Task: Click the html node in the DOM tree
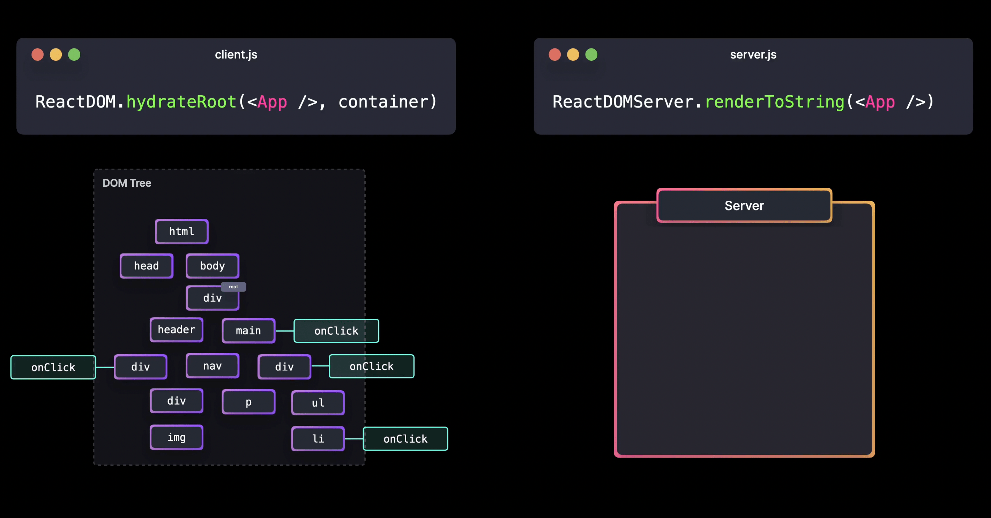click(x=181, y=231)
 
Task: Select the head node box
click(x=146, y=266)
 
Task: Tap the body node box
click(x=213, y=266)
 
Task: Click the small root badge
click(x=233, y=287)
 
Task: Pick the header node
click(x=177, y=330)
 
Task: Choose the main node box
click(x=248, y=331)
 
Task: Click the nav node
click(x=213, y=365)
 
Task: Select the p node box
click(x=248, y=402)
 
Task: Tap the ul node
click(x=318, y=402)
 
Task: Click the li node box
click(x=318, y=438)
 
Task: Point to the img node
click(x=177, y=437)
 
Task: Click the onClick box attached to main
click(x=336, y=331)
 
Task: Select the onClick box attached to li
click(x=405, y=438)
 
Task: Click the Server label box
click(x=744, y=206)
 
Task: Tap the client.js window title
click(x=236, y=55)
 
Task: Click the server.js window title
click(x=753, y=55)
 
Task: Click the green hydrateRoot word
click(x=181, y=102)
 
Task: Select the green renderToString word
click(x=774, y=102)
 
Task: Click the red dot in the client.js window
click(x=37, y=55)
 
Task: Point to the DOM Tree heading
click(x=127, y=183)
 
